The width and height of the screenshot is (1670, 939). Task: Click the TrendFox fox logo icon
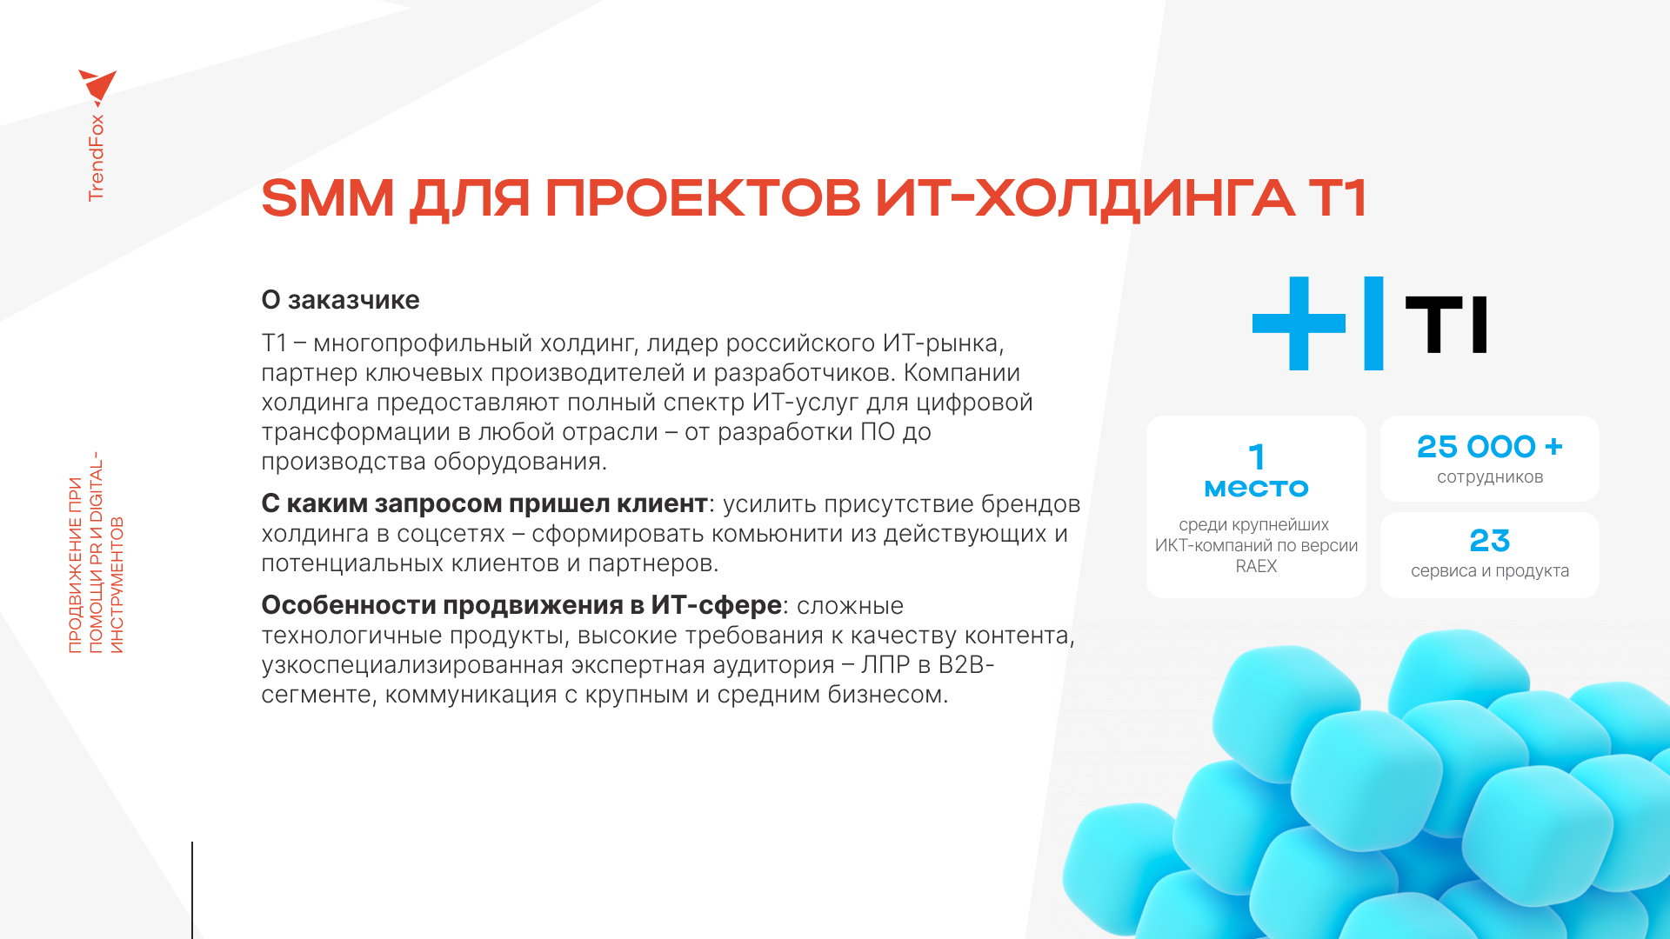pyautogui.click(x=98, y=88)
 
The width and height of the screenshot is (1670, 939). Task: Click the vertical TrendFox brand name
pyautogui.click(x=96, y=158)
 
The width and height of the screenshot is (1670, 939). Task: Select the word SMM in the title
pyautogui.click(x=328, y=197)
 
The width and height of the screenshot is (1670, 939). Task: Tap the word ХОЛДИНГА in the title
pyautogui.click(x=1134, y=199)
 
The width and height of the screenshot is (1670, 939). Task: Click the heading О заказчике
pyautogui.click(x=340, y=300)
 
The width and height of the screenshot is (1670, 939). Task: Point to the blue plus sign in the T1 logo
pyautogui.click(x=1299, y=323)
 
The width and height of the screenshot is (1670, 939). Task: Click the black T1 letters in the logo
pyautogui.click(x=1446, y=324)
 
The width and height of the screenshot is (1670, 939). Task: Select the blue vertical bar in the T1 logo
pyautogui.click(x=1373, y=323)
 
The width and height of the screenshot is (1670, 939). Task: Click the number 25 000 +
pyautogui.click(x=1490, y=447)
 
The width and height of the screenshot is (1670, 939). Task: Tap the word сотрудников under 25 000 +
pyautogui.click(x=1490, y=477)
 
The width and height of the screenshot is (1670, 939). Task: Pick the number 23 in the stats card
pyautogui.click(x=1490, y=541)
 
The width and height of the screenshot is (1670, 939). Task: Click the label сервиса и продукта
pyautogui.click(x=1490, y=571)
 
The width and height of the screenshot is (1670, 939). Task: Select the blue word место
pyautogui.click(x=1256, y=489)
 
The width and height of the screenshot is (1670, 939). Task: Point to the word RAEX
pyautogui.click(x=1256, y=566)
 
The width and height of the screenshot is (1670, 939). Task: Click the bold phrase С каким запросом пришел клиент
pyautogui.click(x=484, y=504)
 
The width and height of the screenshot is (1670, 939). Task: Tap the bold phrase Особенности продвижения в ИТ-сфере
pyautogui.click(x=522, y=605)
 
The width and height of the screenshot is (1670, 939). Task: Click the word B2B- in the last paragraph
pyautogui.click(x=966, y=665)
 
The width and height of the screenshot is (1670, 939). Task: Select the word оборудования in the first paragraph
pyautogui.click(x=520, y=462)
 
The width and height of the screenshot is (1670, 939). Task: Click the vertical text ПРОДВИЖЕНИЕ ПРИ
pyautogui.click(x=75, y=565)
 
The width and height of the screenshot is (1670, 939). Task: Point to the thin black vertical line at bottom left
pyautogui.click(x=192, y=890)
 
